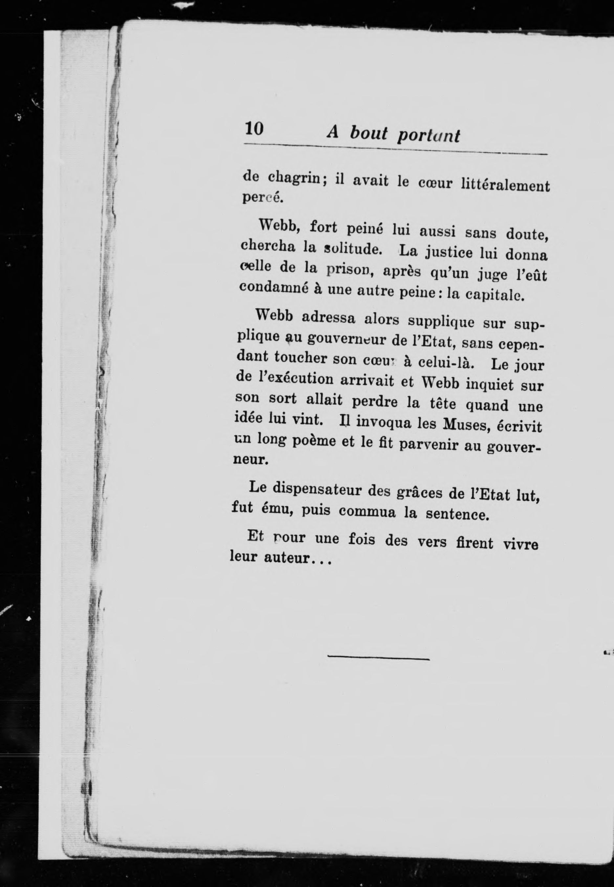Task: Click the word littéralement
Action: coord(505,186)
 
